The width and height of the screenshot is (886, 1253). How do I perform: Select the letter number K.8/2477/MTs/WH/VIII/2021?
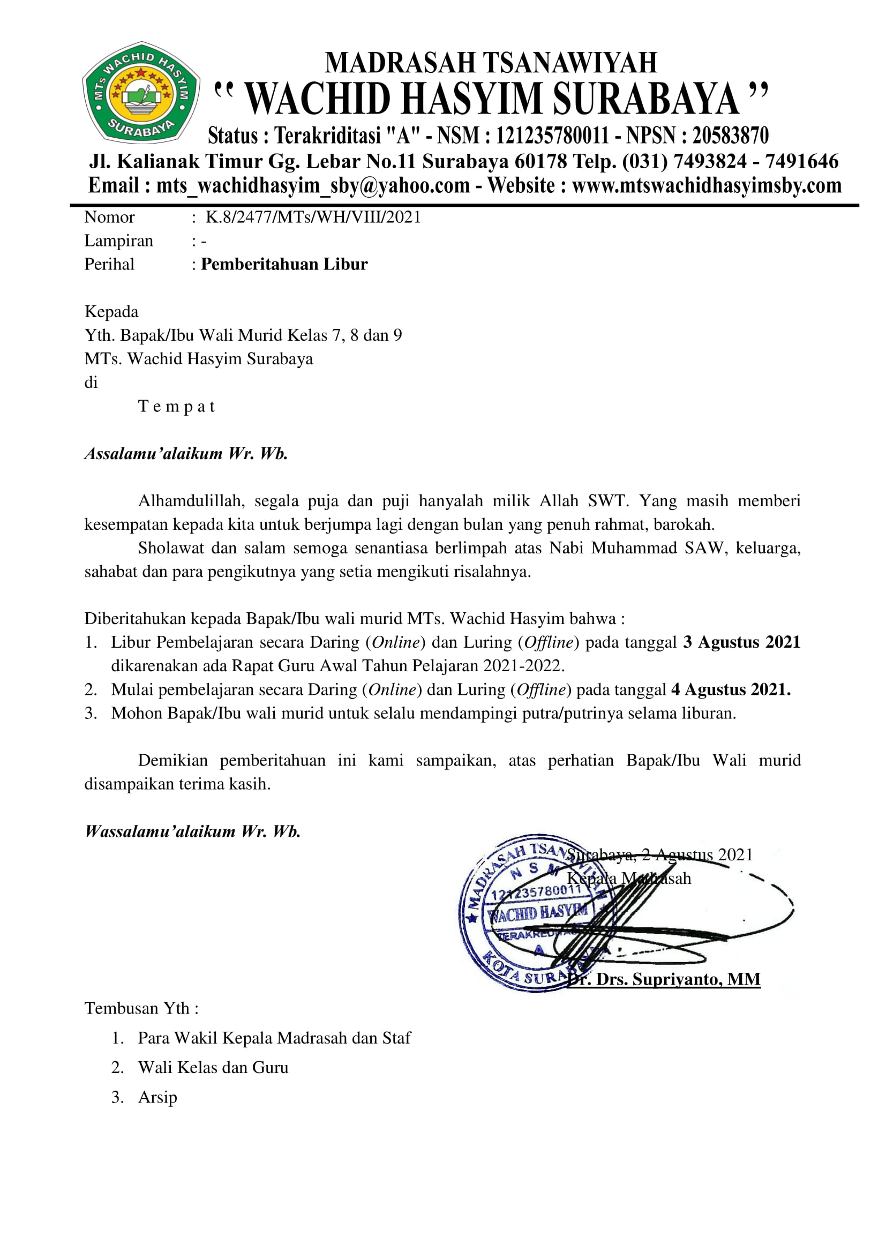click(x=313, y=217)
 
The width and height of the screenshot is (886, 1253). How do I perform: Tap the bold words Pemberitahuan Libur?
click(x=284, y=264)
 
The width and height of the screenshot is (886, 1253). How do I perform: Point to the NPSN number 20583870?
click(x=731, y=136)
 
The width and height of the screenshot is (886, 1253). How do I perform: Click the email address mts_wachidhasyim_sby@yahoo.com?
click(x=313, y=185)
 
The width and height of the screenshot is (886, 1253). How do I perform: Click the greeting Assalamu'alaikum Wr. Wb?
click(x=186, y=454)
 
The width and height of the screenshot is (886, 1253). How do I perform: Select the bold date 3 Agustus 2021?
click(x=741, y=642)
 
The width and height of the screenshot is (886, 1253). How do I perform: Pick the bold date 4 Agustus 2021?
click(x=731, y=690)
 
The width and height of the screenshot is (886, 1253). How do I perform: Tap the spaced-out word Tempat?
click(x=177, y=407)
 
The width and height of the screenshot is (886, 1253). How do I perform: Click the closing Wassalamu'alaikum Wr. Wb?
click(x=193, y=831)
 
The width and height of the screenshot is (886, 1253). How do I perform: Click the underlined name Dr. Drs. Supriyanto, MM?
click(x=663, y=979)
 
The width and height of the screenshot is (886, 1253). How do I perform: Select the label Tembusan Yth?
click(x=141, y=1008)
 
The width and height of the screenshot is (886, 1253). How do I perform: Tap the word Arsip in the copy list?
click(x=157, y=1097)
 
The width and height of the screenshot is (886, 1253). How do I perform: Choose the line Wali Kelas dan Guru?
click(x=213, y=1067)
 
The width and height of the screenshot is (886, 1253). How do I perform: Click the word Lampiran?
click(x=118, y=241)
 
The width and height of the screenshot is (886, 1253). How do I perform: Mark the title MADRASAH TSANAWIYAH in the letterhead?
click(x=491, y=63)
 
